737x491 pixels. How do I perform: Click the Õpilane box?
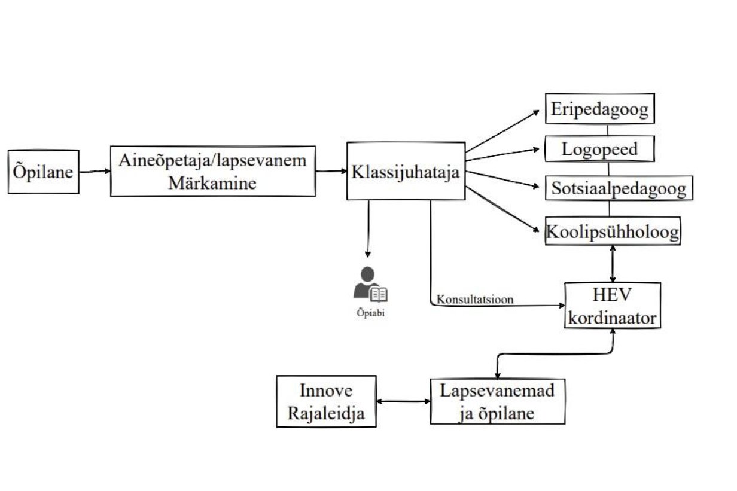point(43,172)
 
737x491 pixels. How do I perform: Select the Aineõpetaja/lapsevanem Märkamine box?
point(213,170)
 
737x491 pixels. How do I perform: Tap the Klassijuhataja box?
point(406,171)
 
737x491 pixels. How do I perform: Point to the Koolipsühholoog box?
point(613,231)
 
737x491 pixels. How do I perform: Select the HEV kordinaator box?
point(613,306)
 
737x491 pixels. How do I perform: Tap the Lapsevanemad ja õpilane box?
point(497,401)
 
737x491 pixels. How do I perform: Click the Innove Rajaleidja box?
point(326,401)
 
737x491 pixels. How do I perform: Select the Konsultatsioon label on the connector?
point(475,300)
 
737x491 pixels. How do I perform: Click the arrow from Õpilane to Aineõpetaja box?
point(95,172)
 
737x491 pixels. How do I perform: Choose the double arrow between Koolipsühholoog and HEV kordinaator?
point(613,264)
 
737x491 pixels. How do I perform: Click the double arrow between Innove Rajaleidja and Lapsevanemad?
point(403,401)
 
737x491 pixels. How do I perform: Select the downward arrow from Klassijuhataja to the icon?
point(368,230)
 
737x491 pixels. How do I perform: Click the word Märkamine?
point(212,182)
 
